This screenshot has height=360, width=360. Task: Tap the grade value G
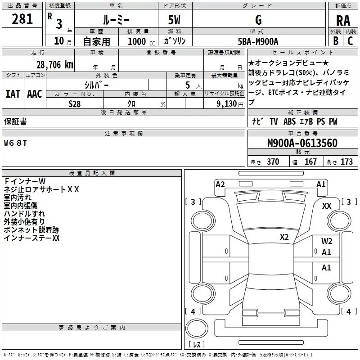coord(258,20)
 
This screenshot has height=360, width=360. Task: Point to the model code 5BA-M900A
coord(258,41)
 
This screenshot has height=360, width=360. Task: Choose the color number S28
coord(75,103)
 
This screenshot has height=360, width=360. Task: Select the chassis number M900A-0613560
coord(302,143)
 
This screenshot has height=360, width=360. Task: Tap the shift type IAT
coord(13,94)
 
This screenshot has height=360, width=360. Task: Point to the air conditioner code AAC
coord(34,94)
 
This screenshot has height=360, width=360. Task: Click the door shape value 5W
coord(175,20)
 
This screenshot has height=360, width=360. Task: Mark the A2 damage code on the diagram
coord(220,184)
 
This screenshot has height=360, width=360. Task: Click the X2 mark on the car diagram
coord(284,237)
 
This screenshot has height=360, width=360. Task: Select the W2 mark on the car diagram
coord(327,241)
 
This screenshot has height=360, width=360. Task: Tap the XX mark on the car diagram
coord(327,206)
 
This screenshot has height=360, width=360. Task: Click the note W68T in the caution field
coord(16,144)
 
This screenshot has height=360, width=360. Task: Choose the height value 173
coord(346,162)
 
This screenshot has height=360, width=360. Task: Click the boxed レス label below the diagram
coord(196,345)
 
